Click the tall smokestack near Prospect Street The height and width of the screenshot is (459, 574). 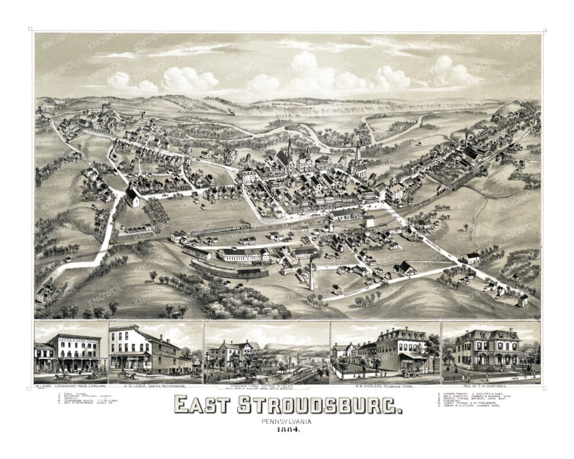click(x=311, y=274)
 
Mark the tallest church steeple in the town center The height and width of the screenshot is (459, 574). click(x=290, y=149)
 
